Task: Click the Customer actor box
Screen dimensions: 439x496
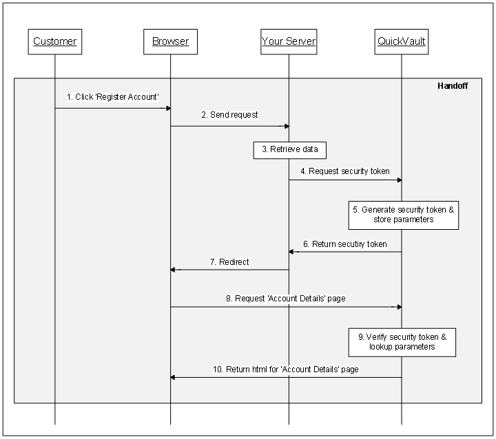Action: pos(55,41)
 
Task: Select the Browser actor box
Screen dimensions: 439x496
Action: pos(170,41)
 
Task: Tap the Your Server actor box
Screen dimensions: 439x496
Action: pos(289,41)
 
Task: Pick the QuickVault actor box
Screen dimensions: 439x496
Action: pos(402,41)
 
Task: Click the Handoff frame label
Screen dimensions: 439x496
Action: pos(453,86)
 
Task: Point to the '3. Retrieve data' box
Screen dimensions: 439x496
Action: pos(289,149)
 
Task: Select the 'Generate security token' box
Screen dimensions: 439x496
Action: pos(403,214)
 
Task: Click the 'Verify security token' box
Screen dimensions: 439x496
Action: pos(402,342)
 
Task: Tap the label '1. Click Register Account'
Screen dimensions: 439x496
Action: pos(113,98)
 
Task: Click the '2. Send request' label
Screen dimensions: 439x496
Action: pos(229,115)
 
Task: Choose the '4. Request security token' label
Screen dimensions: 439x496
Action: pos(344,171)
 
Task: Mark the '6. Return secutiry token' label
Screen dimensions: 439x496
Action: pos(344,244)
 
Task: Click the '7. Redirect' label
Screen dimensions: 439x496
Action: pos(229,261)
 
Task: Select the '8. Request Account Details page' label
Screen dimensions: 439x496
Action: pos(286,298)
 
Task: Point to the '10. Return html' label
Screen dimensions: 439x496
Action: pos(286,370)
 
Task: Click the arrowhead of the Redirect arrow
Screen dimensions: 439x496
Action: pos(174,270)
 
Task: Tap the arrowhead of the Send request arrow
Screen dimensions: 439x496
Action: pos(285,126)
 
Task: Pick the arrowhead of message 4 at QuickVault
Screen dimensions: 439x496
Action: pos(398,180)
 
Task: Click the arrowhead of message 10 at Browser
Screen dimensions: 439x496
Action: pos(174,377)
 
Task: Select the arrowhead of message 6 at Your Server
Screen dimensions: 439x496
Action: pos(292,252)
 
